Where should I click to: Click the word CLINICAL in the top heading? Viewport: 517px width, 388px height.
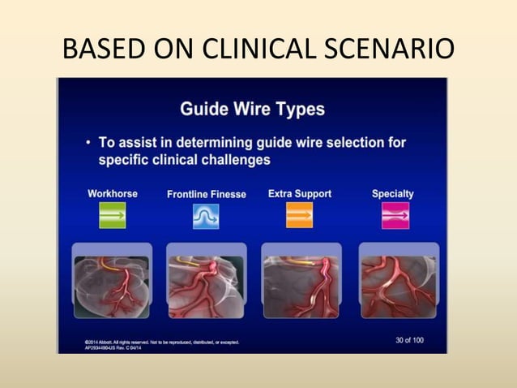click(263, 50)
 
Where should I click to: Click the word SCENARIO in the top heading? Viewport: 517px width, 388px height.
click(392, 50)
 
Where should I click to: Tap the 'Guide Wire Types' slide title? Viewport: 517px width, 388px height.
click(251, 108)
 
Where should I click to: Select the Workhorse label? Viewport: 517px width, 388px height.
click(112, 194)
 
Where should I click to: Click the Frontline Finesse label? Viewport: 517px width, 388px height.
click(206, 195)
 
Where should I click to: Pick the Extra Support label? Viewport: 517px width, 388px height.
click(299, 194)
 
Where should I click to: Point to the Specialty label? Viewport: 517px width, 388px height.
click(392, 194)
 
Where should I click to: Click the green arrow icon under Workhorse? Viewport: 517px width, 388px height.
click(113, 216)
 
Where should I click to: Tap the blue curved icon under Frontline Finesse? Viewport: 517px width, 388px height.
click(206, 216)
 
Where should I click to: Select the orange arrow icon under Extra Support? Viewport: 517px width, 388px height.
click(299, 216)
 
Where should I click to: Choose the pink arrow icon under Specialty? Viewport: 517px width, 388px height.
click(395, 216)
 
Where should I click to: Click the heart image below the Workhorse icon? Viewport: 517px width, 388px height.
click(113, 282)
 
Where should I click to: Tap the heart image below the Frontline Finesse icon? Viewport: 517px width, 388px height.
click(206, 282)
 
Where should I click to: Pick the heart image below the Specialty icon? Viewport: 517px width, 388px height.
click(399, 282)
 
